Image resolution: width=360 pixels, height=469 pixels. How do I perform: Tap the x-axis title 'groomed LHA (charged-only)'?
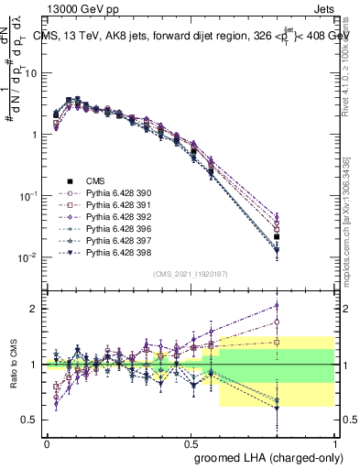coord(265,457)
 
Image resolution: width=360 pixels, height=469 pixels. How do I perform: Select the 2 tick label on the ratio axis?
coord(31,309)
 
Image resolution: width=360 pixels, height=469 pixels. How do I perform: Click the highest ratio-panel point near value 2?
coord(302,306)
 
